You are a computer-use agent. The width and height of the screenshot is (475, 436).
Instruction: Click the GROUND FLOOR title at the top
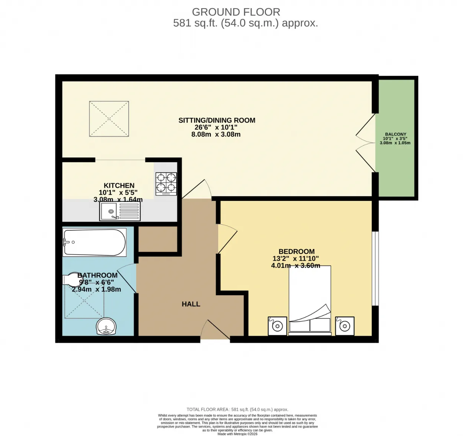236,12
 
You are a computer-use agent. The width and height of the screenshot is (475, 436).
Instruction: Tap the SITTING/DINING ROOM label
217,120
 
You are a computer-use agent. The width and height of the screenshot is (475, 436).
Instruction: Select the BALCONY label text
396,134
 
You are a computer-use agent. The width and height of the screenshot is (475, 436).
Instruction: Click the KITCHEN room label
119,185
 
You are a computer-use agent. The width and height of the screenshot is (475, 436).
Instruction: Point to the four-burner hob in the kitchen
166,184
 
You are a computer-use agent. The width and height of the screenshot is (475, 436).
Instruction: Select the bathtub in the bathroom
94,243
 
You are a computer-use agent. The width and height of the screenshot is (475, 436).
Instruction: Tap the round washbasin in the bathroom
106,327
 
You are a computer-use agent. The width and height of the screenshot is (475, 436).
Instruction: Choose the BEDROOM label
297,251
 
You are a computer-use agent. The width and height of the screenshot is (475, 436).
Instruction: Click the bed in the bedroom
310,301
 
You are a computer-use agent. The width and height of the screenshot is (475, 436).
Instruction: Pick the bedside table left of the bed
277,326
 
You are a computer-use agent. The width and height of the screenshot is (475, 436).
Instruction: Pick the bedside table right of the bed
345,326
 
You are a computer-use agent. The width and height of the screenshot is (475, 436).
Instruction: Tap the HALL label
191,304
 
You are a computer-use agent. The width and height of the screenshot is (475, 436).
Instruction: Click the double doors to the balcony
366,143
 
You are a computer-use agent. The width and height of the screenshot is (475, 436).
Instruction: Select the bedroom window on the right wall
376,269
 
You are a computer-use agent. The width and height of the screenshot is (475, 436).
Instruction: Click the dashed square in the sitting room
109,119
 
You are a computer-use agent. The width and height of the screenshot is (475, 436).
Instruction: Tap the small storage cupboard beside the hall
157,238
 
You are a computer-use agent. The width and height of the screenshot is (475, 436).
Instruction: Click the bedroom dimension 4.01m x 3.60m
295,266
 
